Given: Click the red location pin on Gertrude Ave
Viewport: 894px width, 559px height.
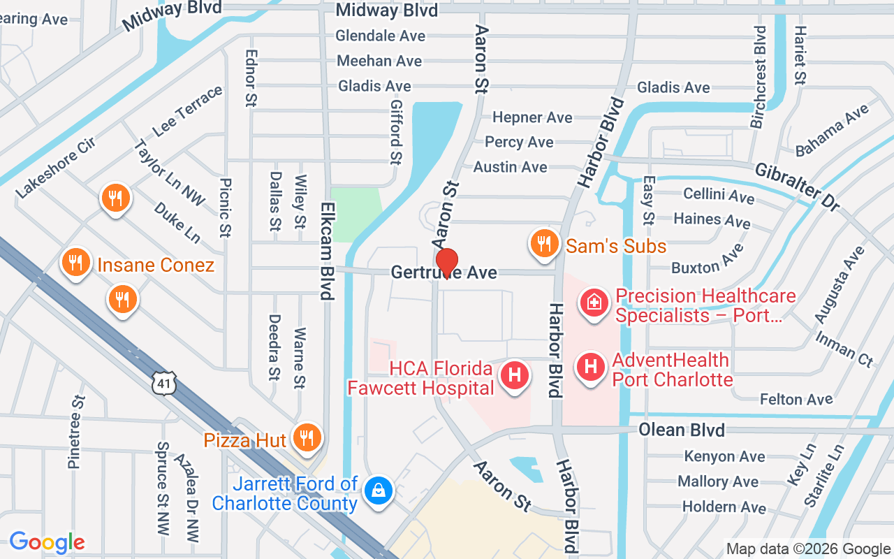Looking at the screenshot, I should [446, 263].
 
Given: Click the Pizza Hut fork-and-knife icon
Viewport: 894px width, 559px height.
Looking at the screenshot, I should [305, 437].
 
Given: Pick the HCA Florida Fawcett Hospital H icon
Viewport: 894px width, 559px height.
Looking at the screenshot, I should [515, 375].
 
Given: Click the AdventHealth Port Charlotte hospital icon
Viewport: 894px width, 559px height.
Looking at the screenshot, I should [590, 366].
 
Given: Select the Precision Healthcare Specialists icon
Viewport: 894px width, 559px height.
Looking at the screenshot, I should [594, 303].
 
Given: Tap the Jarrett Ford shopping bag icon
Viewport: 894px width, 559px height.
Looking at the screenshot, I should [378, 490].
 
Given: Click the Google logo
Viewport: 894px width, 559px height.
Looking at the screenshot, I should [47, 542].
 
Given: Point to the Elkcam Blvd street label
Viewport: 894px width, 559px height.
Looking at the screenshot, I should [327, 251].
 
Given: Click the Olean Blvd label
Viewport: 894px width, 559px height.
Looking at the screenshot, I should [681, 429].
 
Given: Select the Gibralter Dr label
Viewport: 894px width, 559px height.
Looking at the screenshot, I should [797, 187].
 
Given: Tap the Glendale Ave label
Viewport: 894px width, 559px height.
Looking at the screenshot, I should [380, 35].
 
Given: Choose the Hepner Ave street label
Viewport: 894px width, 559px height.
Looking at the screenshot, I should [532, 117].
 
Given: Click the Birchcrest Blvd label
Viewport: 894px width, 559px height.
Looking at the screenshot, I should [759, 77].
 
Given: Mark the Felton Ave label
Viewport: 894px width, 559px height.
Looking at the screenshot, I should [796, 399].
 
